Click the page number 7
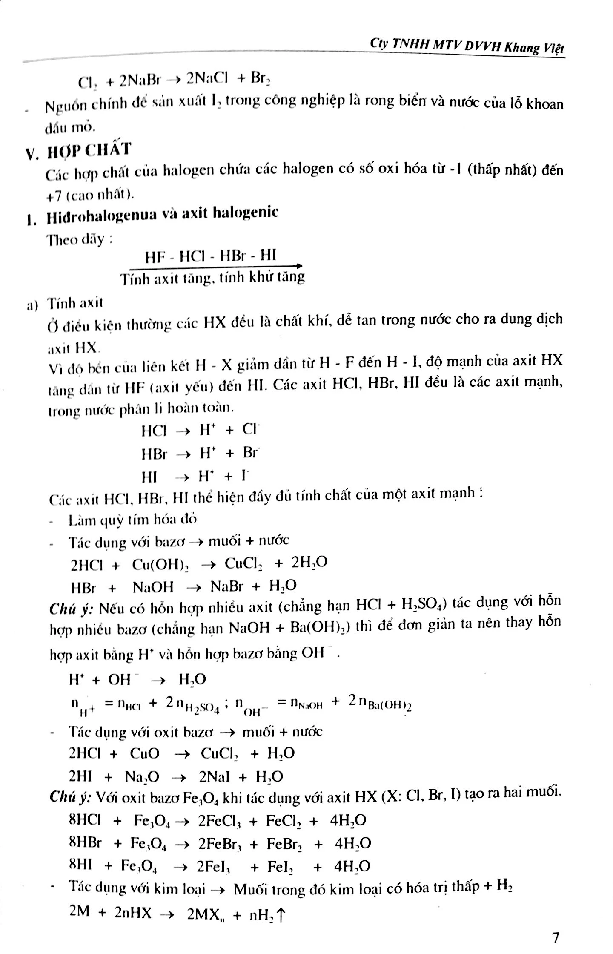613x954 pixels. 555,937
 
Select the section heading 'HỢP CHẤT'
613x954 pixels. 89,151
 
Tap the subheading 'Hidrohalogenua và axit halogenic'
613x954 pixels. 162,214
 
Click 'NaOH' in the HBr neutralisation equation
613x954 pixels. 153,588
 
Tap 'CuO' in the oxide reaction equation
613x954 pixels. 145,753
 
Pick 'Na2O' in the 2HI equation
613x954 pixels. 142,777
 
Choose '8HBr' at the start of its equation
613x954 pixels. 85,842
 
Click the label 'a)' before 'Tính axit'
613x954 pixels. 32,305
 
